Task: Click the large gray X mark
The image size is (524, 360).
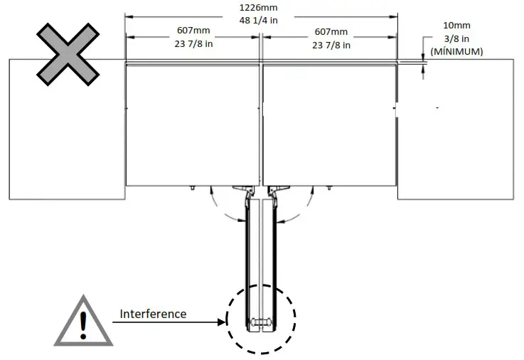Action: (x=67, y=53)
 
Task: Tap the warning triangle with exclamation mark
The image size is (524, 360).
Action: (x=83, y=321)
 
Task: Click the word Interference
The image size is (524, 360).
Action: (x=153, y=314)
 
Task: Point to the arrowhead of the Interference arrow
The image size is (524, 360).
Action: (x=221, y=322)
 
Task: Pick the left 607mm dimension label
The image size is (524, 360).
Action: (x=193, y=32)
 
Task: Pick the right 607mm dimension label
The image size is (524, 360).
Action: (x=331, y=32)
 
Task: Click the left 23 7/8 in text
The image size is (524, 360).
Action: (x=193, y=45)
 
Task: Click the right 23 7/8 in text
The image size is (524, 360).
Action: (x=331, y=45)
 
